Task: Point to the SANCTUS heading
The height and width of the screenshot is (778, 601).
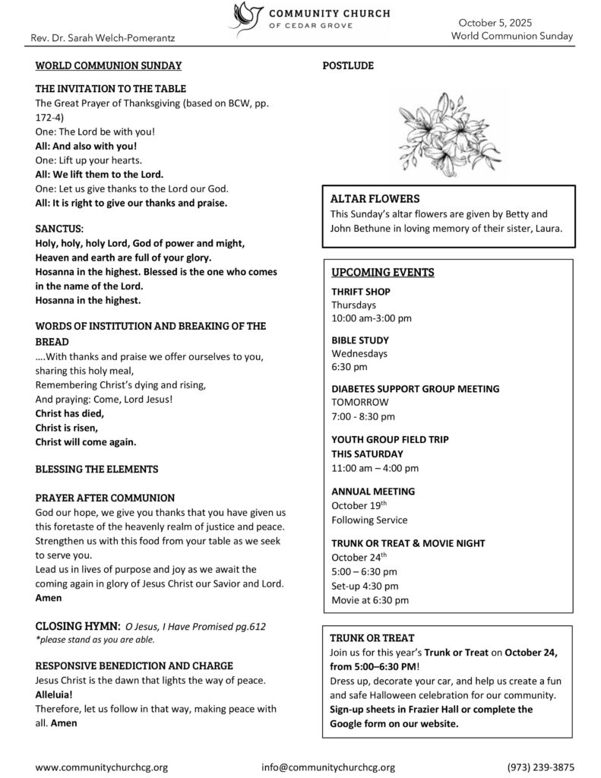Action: pyautogui.click(x=60, y=228)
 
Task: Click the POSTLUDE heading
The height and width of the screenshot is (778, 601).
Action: pyautogui.click(x=348, y=66)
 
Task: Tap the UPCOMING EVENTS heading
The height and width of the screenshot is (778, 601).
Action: pyautogui.click(x=372, y=272)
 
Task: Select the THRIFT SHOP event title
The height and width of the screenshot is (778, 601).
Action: pyautogui.click(x=361, y=291)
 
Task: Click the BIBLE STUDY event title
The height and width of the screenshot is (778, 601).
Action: pyautogui.click(x=360, y=340)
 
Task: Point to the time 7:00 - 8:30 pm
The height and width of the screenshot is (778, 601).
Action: pyautogui.click(x=363, y=416)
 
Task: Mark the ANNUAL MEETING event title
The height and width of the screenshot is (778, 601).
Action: pyautogui.click(x=373, y=492)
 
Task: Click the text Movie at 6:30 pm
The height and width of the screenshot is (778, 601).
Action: pyautogui.click(x=370, y=599)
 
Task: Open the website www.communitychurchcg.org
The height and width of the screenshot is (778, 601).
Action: pyautogui.click(x=102, y=767)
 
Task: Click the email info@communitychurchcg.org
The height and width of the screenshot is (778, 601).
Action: pyautogui.click(x=328, y=767)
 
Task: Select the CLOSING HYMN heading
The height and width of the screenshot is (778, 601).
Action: pyautogui.click(x=77, y=625)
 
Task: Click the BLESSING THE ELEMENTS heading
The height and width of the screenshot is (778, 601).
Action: pyautogui.click(x=97, y=468)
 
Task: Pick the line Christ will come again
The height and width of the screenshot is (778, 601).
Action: pyautogui.click(x=86, y=441)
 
